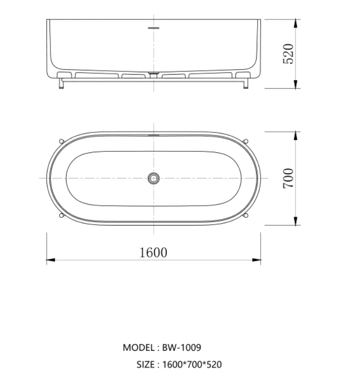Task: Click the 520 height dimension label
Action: coord(288,54)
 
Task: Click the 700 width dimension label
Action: coord(288,178)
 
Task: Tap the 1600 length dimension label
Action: coord(153,253)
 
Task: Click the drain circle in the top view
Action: coord(154,178)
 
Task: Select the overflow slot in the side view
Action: coord(154,28)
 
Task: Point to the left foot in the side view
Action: coord(61,83)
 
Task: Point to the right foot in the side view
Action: coord(245,83)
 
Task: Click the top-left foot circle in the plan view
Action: coord(62,141)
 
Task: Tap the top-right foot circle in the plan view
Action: coord(245,141)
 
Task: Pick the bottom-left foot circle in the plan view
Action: coord(62,215)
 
